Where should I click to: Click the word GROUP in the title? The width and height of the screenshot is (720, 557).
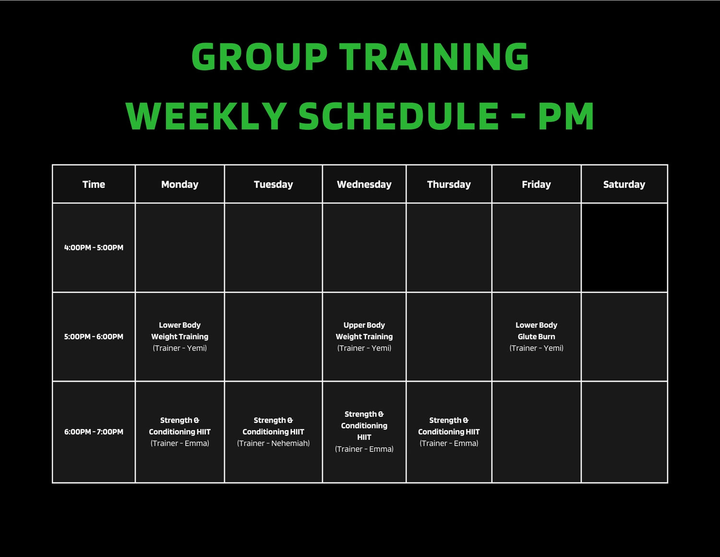259,57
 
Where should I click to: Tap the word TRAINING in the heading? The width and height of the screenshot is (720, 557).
434,57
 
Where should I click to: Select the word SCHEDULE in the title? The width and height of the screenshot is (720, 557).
398,116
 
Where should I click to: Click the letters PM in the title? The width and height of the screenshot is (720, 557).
566,116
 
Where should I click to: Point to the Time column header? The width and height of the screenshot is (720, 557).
94,185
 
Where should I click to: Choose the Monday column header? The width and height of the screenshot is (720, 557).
180,185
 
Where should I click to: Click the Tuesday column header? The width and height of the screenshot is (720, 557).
273,185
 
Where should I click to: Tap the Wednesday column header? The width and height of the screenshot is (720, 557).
364,185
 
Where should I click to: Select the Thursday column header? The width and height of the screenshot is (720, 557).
449,185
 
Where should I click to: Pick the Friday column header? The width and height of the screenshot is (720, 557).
537,185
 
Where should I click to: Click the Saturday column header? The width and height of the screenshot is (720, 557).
624,185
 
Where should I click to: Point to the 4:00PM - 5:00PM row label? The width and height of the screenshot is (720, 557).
94,248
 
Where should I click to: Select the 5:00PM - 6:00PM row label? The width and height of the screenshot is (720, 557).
94,337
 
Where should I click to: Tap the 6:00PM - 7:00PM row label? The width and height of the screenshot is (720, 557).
94,432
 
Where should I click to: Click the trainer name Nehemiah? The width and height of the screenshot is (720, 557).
289,443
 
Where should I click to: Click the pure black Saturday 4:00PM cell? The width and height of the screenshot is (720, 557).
624,248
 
